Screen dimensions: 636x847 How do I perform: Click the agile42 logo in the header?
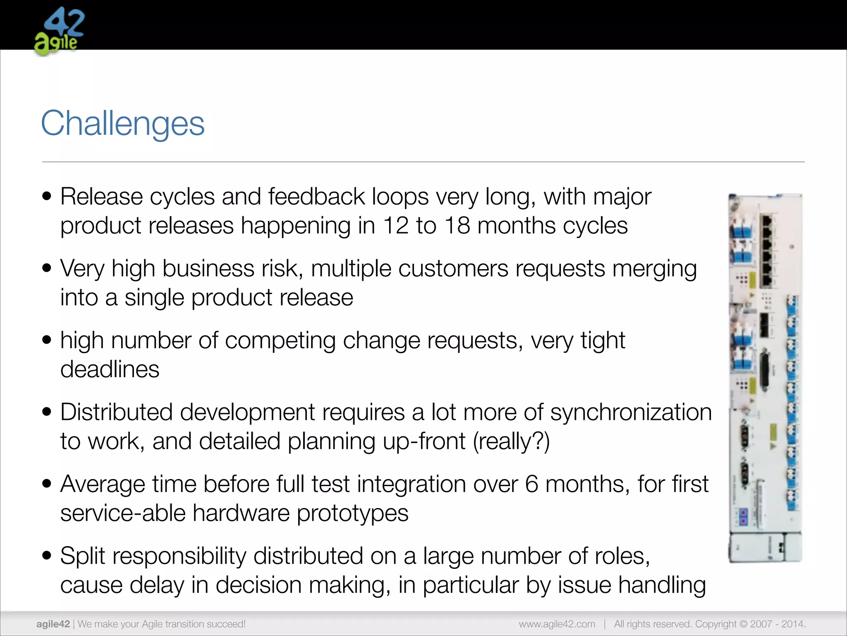click(59, 31)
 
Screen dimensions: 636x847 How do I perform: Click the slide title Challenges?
click(122, 123)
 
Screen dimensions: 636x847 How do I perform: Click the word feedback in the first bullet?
click(316, 197)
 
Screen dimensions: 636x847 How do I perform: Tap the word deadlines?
click(110, 369)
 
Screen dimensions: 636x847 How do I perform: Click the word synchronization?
click(631, 412)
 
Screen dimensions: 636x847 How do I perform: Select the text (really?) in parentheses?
click(511, 441)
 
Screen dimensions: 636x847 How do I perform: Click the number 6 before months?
click(532, 484)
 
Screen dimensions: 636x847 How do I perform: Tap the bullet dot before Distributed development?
click(47, 412)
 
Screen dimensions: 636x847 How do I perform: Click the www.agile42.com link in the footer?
click(557, 624)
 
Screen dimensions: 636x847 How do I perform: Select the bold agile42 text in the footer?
click(53, 624)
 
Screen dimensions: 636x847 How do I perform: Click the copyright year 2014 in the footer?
click(792, 624)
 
